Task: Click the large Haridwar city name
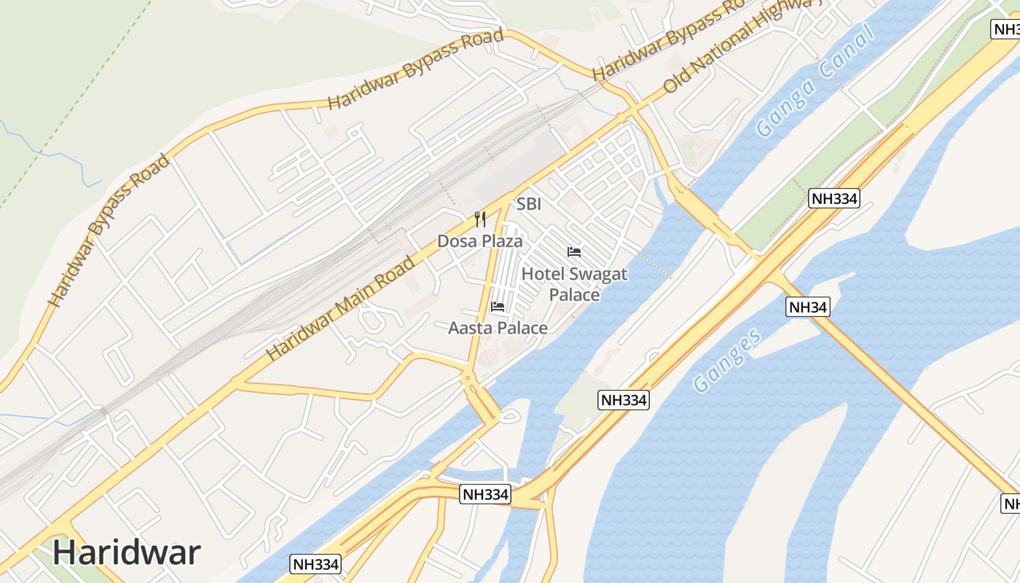pyautogui.click(x=126, y=552)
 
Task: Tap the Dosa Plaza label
pyautogui.click(x=479, y=240)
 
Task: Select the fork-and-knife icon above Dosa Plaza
pyautogui.click(x=480, y=219)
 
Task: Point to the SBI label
pyautogui.click(x=529, y=204)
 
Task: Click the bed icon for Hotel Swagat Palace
pyautogui.click(x=574, y=252)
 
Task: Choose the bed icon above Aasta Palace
pyautogui.click(x=498, y=307)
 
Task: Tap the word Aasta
pyautogui.click(x=468, y=328)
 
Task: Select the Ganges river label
pyautogui.click(x=728, y=360)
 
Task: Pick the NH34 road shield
pyautogui.click(x=808, y=308)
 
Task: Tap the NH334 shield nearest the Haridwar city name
pyautogui.click(x=315, y=564)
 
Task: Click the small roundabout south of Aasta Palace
pyautogui.click(x=467, y=377)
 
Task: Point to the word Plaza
pyautogui.click(x=502, y=240)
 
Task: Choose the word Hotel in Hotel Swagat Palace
pyautogui.click(x=543, y=275)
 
